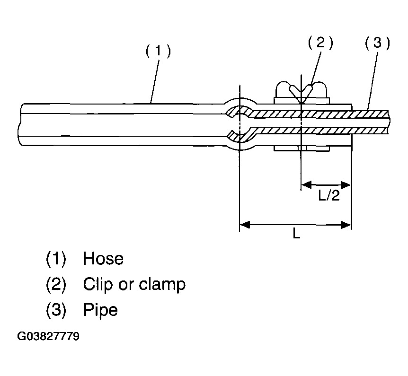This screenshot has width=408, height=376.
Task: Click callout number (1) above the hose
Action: pyautogui.click(x=157, y=51)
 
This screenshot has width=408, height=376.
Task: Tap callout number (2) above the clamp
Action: pyautogui.click(x=320, y=43)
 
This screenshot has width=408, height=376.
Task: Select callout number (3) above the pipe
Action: pyautogui.click(x=377, y=43)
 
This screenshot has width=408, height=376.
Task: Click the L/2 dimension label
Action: pyautogui.click(x=328, y=196)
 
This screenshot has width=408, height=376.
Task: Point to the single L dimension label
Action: pyautogui.click(x=296, y=234)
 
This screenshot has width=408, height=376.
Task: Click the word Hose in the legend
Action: pyautogui.click(x=103, y=259)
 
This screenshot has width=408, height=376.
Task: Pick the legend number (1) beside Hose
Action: pyautogui.click(x=56, y=259)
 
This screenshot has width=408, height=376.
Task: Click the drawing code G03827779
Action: pyautogui.click(x=48, y=337)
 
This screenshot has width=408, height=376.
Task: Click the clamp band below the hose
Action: pyautogui.click(x=302, y=149)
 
